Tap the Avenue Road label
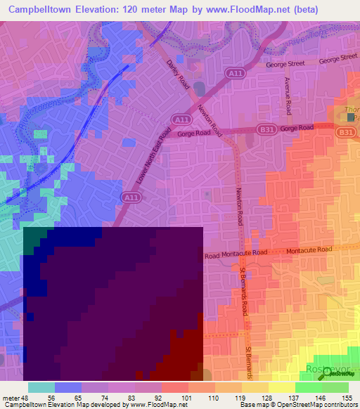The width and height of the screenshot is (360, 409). point(288,96)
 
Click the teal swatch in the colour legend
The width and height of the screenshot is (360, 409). point(41,387)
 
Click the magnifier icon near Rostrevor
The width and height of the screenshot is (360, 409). point(328,375)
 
